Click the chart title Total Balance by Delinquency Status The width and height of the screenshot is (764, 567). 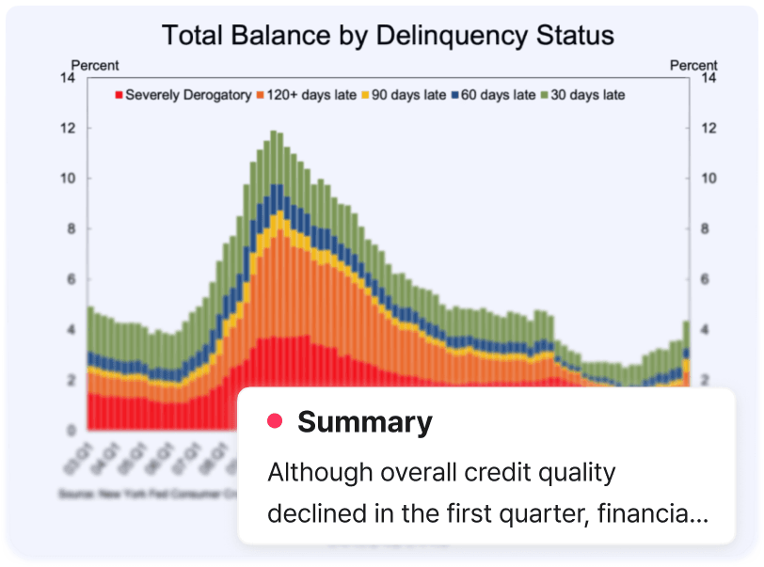coord(388,36)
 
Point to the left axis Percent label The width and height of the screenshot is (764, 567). coord(95,65)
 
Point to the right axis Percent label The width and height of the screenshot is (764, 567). coord(693,65)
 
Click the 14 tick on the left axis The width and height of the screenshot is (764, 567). coord(67,78)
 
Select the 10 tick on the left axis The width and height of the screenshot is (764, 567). coord(67,179)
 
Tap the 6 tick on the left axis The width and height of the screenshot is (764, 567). coord(70,279)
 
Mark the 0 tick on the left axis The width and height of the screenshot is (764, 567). coord(70,430)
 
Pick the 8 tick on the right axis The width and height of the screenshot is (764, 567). coord(706,228)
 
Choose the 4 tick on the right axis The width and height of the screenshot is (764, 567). coord(706,330)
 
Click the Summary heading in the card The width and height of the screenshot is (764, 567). coord(364,422)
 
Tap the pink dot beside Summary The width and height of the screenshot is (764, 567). coord(276,421)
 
